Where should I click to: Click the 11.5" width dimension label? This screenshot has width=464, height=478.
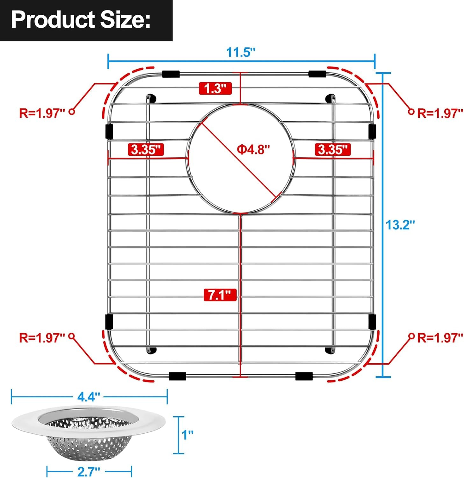(241, 52)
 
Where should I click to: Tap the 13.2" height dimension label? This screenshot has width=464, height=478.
(400, 225)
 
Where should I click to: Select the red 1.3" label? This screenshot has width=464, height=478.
(215, 88)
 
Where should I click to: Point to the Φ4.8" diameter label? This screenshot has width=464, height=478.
(253, 149)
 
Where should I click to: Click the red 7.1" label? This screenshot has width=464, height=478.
(220, 295)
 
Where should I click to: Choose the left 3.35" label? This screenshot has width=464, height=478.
(146, 149)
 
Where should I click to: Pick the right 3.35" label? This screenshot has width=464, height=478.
(333, 149)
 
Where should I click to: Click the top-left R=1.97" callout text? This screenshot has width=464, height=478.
(42, 113)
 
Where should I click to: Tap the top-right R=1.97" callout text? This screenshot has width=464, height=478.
(440, 113)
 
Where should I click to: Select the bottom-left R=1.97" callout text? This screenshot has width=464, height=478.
(42, 337)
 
